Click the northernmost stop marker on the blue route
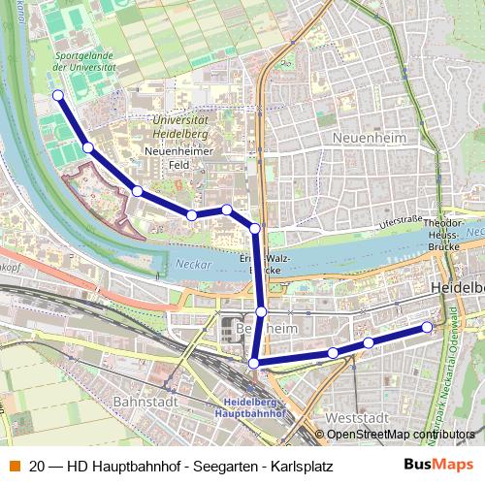point(58,95)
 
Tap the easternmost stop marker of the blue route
point(427,328)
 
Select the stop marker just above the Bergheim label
point(262,311)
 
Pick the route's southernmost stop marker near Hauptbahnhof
point(254,363)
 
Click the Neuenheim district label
point(367,138)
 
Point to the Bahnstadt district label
point(146,399)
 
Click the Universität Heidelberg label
point(194,125)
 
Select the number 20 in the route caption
point(38,465)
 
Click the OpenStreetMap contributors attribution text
point(404,434)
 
